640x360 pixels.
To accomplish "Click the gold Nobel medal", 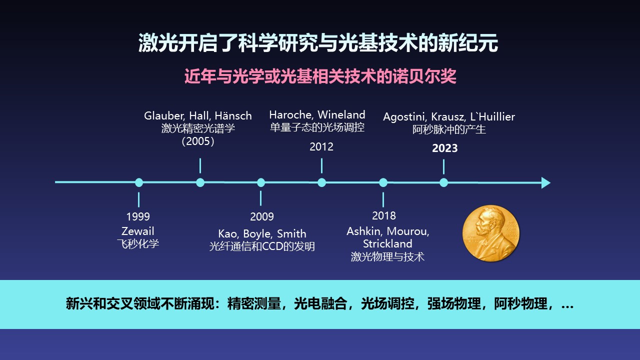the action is click(x=491, y=233).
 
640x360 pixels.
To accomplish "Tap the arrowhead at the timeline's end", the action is click(x=545, y=182).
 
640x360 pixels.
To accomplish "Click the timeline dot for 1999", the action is click(x=139, y=182).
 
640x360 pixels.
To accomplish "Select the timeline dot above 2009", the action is click(x=261, y=182).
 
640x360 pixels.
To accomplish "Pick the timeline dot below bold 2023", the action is click(x=443, y=182).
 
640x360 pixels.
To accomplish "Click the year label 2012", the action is click(x=321, y=147).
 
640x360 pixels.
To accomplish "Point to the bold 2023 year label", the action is click(x=445, y=148).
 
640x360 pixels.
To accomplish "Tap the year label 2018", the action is click(x=384, y=215).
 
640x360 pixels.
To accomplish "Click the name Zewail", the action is click(x=137, y=231).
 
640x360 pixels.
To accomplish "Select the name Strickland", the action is click(x=387, y=243).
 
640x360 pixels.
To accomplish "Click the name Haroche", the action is click(x=291, y=115).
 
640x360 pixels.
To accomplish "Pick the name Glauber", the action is click(x=164, y=116).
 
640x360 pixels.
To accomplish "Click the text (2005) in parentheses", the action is click(x=198, y=141).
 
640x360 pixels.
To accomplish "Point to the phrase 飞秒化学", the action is click(x=137, y=243).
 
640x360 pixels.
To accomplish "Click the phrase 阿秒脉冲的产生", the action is click(x=449, y=129).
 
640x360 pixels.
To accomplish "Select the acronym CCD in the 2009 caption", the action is click(x=274, y=246).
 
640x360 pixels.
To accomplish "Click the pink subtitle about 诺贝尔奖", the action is click(x=320, y=76).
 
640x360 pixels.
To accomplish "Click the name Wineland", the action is click(x=341, y=115).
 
